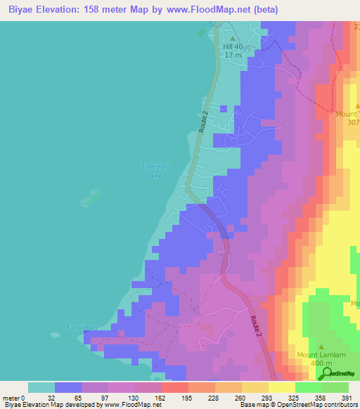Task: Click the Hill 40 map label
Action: (x=232, y=47)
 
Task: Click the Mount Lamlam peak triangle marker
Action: (x=321, y=346)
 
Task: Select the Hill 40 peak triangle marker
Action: (x=233, y=39)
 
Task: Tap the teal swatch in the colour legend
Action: (x=41, y=387)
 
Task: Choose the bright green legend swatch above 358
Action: (x=309, y=387)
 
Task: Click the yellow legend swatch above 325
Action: (x=282, y=387)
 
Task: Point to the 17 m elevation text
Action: (x=232, y=56)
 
